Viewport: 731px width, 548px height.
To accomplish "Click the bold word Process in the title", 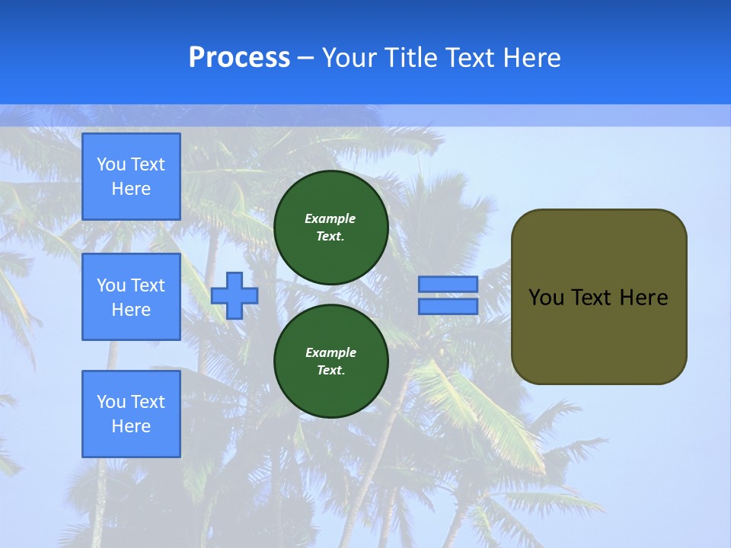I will click(x=239, y=58).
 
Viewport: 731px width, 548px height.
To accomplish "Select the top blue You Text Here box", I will click(x=131, y=177).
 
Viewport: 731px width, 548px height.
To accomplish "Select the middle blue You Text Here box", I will click(x=131, y=297).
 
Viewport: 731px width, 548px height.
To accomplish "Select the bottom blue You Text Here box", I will click(x=131, y=413).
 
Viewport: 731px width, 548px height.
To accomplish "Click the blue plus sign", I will click(x=235, y=295).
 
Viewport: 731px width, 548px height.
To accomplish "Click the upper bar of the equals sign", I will click(x=448, y=284).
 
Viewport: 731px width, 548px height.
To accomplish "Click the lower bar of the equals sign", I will click(x=448, y=306).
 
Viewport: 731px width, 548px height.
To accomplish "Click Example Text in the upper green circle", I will click(x=330, y=228).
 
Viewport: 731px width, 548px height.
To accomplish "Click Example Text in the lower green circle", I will click(x=330, y=362).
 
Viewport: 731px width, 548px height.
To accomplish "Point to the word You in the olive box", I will click(x=545, y=298).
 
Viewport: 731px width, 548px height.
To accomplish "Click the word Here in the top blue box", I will click(x=131, y=189).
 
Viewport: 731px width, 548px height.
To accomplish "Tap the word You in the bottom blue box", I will click(x=111, y=402).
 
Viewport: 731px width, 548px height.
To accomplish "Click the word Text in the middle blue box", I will click(x=148, y=285).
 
